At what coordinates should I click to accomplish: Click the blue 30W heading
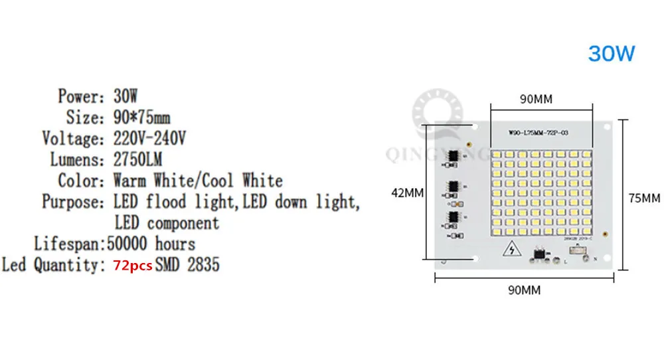coord(612,53)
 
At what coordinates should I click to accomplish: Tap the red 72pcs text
coord(133,266)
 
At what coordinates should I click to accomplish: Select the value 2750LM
coord(137,160)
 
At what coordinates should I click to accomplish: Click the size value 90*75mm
coord(141,118)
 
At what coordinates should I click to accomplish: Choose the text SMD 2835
coord(187,266)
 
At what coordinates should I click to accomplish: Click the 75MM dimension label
coord(645,197)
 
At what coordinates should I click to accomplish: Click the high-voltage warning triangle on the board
coord(511,250)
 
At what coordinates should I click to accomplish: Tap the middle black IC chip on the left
coord(454,187)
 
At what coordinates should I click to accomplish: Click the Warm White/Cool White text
coord(198,181)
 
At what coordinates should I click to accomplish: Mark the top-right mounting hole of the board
coord(608,126)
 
